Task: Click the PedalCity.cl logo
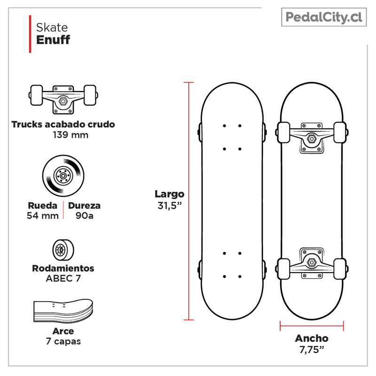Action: (324, 18)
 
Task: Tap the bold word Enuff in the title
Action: (53, 39)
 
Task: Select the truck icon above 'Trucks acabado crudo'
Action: (63, 98)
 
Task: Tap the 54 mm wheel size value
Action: (43, 216)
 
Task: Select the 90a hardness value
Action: (84, 216)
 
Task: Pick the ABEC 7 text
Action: (63, 278)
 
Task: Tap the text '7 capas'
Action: (63, 341)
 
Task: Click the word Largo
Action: (170, 194)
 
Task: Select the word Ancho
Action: (312, 338)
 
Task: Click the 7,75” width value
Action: (312, 350)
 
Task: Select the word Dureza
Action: (84, 205)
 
